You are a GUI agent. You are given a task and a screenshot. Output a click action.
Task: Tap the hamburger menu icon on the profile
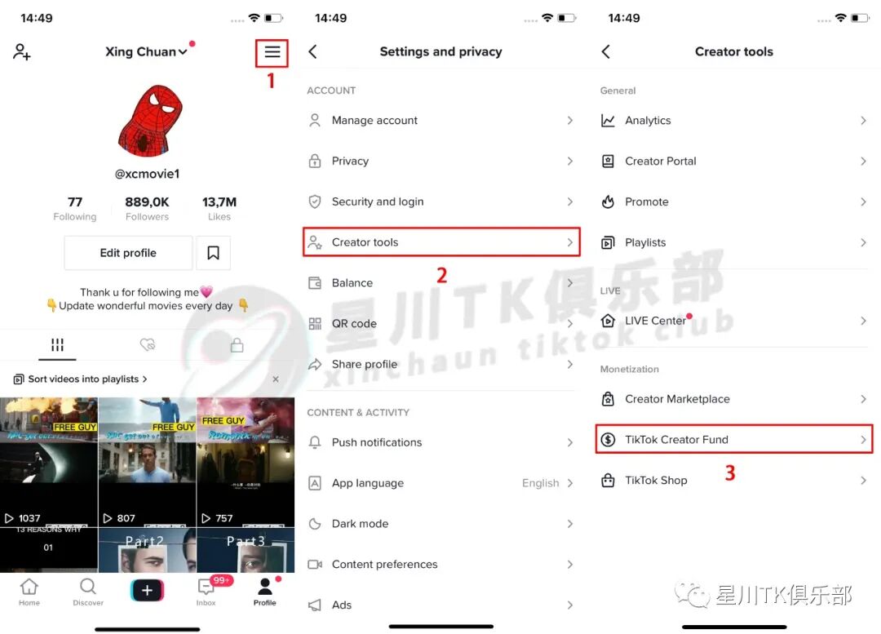coord(272,53)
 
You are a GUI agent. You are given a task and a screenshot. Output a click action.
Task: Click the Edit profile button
coord(128,253)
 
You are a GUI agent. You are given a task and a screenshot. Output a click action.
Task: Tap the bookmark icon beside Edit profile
coord(213,253)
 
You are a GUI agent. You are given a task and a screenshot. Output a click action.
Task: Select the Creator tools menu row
coord(440,242)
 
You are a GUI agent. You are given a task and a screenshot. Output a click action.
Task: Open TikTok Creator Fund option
coord(733,440)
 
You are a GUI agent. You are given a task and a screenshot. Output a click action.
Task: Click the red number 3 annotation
coord(730,472)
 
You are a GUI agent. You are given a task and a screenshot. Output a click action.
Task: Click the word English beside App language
coord(540,483)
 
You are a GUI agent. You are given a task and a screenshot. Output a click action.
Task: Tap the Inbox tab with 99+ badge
coord(206,590)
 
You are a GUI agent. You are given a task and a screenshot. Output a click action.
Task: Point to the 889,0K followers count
coord(147,202)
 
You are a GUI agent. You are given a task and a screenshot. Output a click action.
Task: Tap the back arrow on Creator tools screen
coord(606,51)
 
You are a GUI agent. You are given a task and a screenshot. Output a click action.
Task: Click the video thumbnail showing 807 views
coord(147,462)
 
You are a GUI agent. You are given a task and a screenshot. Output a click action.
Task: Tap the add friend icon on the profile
coord(22,51)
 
